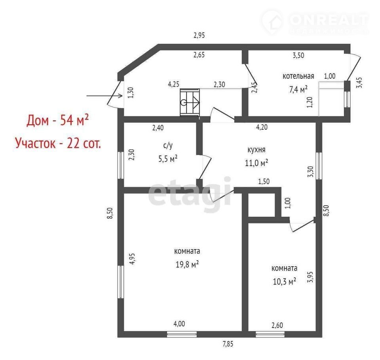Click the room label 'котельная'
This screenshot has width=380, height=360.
[298, 76]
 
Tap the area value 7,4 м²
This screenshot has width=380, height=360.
[298, 89]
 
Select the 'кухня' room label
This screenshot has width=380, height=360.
[256, 150]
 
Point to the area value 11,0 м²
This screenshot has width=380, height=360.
[256, 163]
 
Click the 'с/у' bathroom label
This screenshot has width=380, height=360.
[168, 145]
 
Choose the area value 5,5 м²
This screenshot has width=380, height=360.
[168, 159]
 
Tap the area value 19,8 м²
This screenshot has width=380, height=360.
[187, 264]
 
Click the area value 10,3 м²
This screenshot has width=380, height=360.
[284, 281]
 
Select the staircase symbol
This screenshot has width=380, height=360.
[190, 102]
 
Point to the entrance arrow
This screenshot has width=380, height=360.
[104, 96]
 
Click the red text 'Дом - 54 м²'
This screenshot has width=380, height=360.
[57, 120]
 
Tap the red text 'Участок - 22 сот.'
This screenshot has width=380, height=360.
[58, 143]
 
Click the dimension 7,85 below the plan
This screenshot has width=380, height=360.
[228, 344]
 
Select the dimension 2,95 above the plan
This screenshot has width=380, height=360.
[199, 35]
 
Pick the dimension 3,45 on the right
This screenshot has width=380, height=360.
[360, 82]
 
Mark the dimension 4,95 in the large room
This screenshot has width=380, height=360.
[132, 259]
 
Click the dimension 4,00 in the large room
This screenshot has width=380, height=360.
[179, 324]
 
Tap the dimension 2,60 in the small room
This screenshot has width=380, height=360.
[277, 325]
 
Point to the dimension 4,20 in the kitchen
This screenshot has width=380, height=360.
[262, 127]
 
